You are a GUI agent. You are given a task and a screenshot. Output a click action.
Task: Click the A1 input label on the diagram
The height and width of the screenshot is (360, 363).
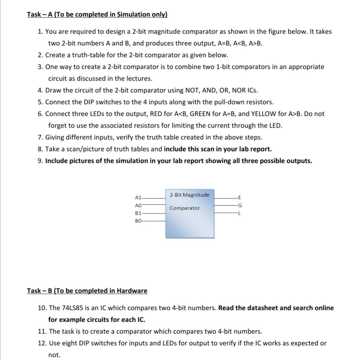(x=138, y=197)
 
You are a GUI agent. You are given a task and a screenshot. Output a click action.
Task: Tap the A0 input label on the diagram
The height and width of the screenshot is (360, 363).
(x=138, y=205)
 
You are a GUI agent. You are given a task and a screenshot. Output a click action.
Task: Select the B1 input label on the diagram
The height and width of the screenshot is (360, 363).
(x=138, y=213)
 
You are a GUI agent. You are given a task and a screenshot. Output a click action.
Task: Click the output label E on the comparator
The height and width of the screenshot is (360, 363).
(x=239, y=197)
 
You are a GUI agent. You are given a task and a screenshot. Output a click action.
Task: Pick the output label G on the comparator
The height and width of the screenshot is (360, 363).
(x=239, y=205)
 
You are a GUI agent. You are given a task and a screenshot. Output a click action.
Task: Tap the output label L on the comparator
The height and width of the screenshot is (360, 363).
(x=239, y=213)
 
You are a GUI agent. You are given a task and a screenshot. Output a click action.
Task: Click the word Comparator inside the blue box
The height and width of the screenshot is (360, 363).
(x=185, y=208)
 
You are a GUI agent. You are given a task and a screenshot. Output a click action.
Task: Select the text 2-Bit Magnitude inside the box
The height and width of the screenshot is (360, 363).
(x=189, y=195)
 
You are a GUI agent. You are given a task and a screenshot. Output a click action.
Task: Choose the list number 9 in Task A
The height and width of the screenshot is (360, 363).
(x=40, y=161)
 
